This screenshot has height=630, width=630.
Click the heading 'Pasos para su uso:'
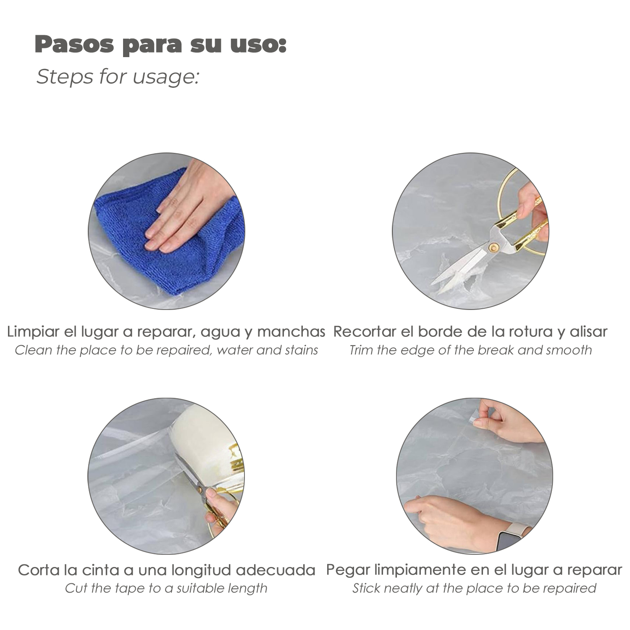pyautogui.click(x=160, y=45)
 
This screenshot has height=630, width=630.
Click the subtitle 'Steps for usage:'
pyautogui.click(x=118, y=77)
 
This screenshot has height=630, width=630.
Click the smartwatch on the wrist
pyautogui.click(x=509, y=539)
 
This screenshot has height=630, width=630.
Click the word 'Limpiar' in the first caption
pyautogui.click(x=33, y=332)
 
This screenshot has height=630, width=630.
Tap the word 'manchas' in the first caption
pyautogui.click(x=291, y=332)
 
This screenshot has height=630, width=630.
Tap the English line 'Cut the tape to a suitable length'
pyautogui.click(x=166, y=588)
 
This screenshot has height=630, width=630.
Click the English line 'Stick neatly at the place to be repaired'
pyautogui.click(x=474, y=588)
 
